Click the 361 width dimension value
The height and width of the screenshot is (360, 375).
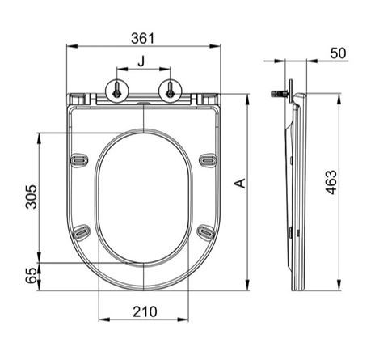pyautogui.click(x=143, y=38)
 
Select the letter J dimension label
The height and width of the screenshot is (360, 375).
pyautogui.click(x=141, y=61)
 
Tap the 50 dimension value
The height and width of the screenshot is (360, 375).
pyautogui.click(x=338, y=53)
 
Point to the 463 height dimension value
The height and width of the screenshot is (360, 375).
pyautogui.click(x=331, y=182)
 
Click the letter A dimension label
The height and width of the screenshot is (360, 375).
pyautogui.click(x=240, y=183)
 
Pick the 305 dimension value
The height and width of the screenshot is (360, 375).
pyautogui.click(x=31, y=197)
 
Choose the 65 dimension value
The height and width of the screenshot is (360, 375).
pyautogui.click(x=31, y=275)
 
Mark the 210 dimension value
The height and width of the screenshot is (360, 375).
pyautogui.click(x=145, y=312)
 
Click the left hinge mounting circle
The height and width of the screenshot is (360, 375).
pyautogui.click(x=117, y=91)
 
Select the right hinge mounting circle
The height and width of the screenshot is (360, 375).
pyautogui.click(x=170, y=91)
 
